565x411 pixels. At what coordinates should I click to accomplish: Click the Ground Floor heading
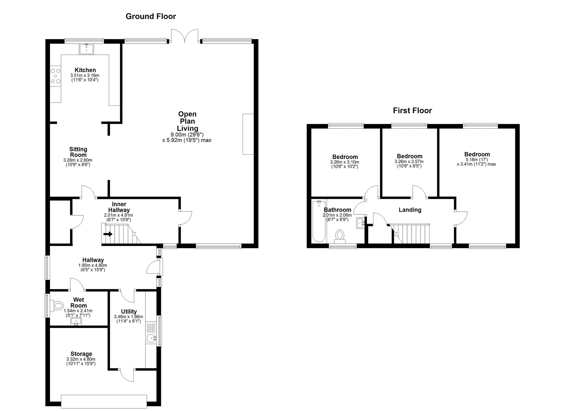click(151, 16)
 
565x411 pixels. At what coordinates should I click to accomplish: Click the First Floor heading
click(412, 111)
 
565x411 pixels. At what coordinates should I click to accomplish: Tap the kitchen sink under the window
click(86, 49)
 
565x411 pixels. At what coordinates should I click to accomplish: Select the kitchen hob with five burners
click(55, 76)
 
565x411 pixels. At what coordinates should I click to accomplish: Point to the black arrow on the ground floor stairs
click(108, 234)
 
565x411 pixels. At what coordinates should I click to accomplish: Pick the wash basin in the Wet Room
click(76, 322)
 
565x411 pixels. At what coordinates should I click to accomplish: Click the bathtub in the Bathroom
click(319, 221)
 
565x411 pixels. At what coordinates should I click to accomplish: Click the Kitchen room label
click(85, 70)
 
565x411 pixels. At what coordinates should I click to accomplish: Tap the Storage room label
click(81, 354)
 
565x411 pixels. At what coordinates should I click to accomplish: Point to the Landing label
click(410, 210)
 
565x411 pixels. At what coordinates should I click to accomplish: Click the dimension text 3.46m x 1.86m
click(129, 317)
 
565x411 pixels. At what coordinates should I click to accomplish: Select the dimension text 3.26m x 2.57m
click(409, 162)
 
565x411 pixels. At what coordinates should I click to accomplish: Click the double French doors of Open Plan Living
click(185, 36)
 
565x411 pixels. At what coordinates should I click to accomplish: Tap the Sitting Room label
click(78, 152)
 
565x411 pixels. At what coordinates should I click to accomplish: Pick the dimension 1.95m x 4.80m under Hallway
click(93, 265)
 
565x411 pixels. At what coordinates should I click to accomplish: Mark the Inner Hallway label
click(119, 207)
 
